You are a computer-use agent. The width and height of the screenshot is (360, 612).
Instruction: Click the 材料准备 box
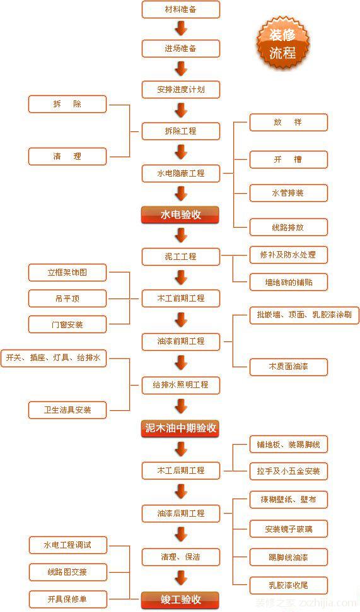(x=180, y=9)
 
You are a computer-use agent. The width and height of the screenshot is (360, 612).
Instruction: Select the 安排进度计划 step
(x=180, y=90)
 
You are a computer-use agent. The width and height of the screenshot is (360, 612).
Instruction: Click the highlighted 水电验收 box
(x=180, y=215)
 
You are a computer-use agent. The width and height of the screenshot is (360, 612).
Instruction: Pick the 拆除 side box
(x=67, y=104)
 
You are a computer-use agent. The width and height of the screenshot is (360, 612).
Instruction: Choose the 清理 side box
(x=67, y=156)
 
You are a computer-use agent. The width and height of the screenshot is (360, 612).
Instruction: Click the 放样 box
(x=288, y=122)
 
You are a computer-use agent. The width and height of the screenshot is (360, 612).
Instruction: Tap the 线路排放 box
(x=288, y=227)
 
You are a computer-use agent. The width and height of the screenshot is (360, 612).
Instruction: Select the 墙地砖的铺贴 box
(x=288, y=282)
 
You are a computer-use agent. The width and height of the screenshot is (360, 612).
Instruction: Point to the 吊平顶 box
(x=67, y=298)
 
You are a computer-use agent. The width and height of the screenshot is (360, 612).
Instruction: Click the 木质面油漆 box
(x=288, y=366)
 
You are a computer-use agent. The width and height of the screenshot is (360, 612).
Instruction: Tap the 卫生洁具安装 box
(x=67, y=409)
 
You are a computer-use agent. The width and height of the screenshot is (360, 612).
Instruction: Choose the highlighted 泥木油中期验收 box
(x=180, y=428)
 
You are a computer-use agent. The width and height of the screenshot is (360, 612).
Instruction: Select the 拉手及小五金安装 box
(x=288, y=471)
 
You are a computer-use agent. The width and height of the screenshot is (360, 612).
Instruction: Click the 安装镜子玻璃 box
(x=288, y=529)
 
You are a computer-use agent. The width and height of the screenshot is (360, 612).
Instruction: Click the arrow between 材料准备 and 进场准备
(x=181, y=28)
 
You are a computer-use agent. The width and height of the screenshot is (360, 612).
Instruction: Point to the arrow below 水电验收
(x=181, y=235)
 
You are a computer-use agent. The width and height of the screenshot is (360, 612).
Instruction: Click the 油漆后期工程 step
(x=180, y=514)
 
